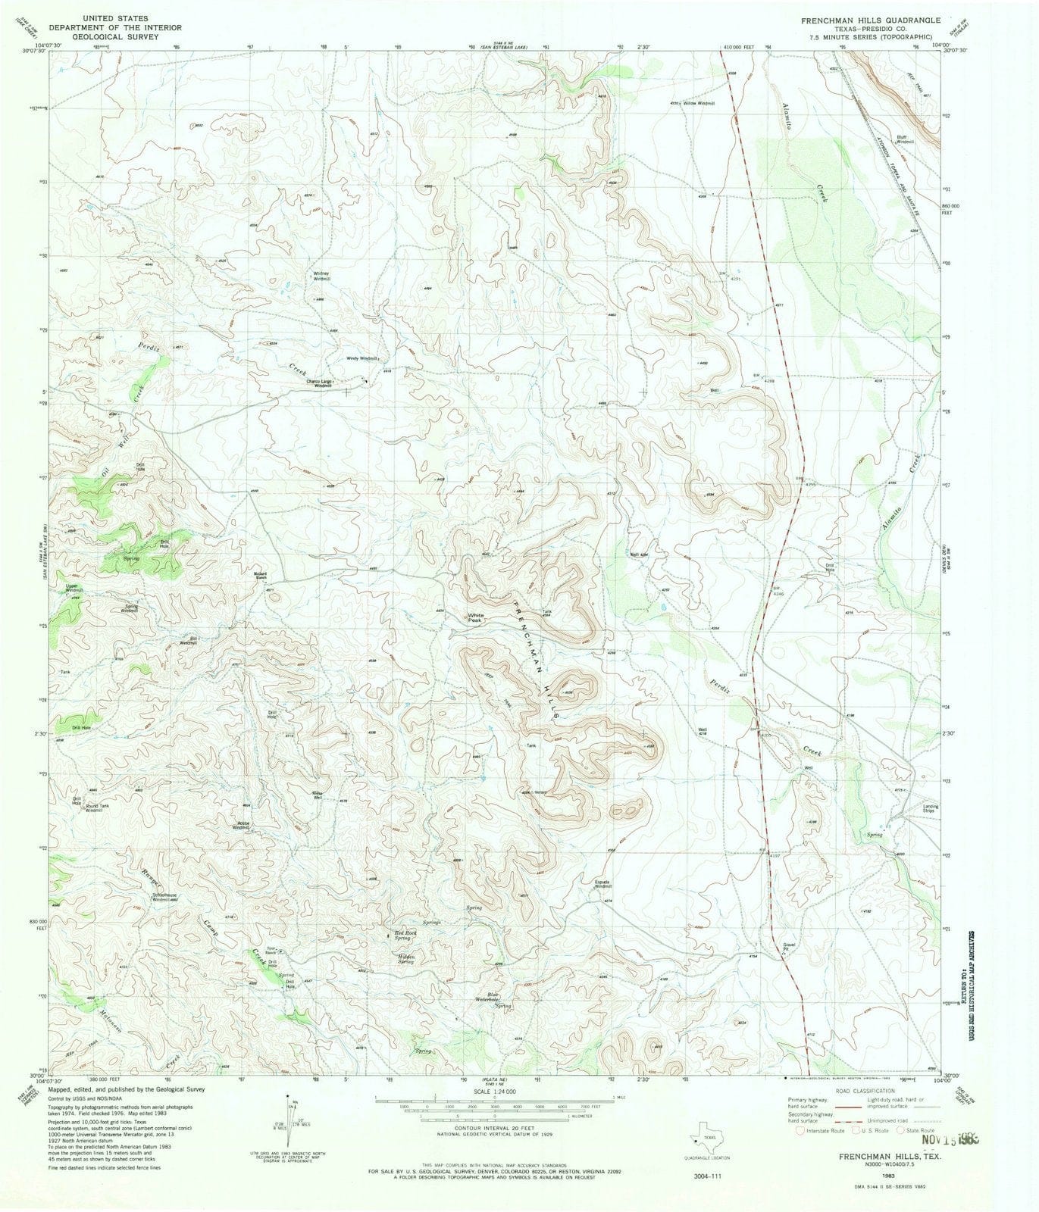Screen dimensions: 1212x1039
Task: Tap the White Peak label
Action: point(475,617)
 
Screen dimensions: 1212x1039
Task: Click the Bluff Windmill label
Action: point(906,139)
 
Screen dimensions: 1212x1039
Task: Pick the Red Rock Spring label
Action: point(405,935)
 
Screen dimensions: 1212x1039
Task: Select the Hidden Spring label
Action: point(405,958)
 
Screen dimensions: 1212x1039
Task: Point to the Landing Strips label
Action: point(931,808)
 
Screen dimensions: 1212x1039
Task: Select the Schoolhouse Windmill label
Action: point(164,897)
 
